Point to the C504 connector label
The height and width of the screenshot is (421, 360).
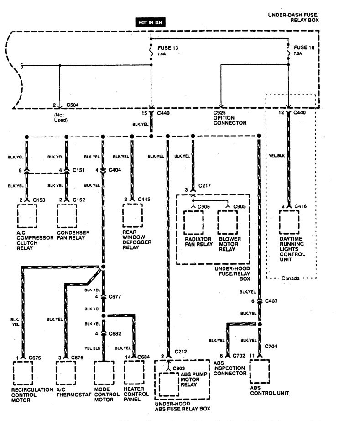click(x=73, y=104)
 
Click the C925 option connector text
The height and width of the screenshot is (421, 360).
click(x=230, y=117)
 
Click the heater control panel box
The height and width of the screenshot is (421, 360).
click(x=133, y=373)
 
